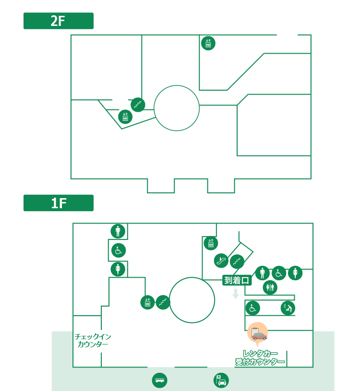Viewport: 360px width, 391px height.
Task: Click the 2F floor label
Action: [x=58, y=21]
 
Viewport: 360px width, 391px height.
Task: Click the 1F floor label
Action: [x=58, y=203]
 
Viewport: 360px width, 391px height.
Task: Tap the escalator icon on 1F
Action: [x=221, y=261]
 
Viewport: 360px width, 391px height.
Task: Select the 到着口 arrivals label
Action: [x=237, y=280]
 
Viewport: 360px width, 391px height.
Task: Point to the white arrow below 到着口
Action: [x=235, y=294]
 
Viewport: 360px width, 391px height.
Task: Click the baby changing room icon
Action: [x=288, y=308]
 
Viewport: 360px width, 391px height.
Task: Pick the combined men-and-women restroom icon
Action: [x=270, y=287]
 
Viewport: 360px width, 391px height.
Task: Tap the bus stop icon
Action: [x=159, y=380]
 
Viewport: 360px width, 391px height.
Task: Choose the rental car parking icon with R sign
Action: [x=221, y=380]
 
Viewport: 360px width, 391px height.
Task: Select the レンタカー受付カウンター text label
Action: [x=260, y=357]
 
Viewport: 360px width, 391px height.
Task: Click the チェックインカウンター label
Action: [x=93, y=340]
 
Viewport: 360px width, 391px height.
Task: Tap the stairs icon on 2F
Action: [x=138, y=105]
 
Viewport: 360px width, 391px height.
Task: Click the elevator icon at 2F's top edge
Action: [x=208, y=43]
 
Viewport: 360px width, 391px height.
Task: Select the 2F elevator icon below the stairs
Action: [x=125, y=117]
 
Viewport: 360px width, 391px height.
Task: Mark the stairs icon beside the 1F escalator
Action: [x=237, y=261]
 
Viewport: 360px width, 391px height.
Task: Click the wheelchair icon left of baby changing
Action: [x=252, y=308]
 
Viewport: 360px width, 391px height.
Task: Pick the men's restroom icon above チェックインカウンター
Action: [x=118, y=231]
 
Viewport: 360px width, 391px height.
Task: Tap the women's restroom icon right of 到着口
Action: [x=295, y=273]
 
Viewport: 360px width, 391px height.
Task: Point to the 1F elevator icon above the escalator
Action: [x=210, y=243]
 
